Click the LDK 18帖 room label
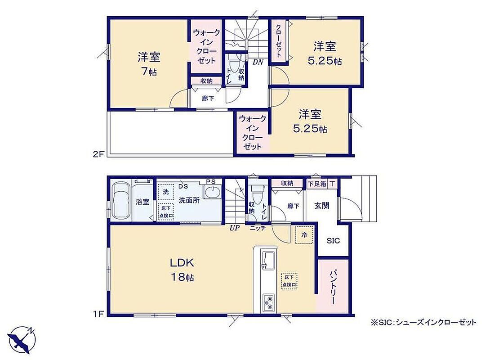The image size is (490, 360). pyautogui.click(x=182, y=270)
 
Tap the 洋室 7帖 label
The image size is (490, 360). pyautogui.click(x=149, y=64)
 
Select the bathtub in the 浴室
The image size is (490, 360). pyautogui.click(x=120, y=201)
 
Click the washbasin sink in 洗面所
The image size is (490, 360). pyautogui.click(x=213, y=191)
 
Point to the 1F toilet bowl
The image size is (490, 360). pyautogui.click(x=258, y=193)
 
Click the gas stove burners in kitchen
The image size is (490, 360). pyautogui.click(x=268, y=302)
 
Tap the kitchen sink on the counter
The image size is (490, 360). pyautogui.click(x=268, y=259)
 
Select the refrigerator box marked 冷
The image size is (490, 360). pyautogui.click(x=304, y=234)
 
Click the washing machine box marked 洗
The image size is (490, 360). pyautogui.click(x=165, y=192)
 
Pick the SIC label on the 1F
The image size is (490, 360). pyautogui.click(x=333, y=241)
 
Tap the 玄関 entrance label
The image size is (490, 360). pyautogui.click(x=321, y=206)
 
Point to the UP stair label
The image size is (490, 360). pyautogui.click(x=234, y=228)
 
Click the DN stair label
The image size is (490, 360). pyautogui.click(x=258, y=62)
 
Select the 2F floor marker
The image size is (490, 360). pyautogui.click(x=98, y=154)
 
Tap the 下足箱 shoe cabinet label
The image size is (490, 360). pyautogui.click(x=317, y=184)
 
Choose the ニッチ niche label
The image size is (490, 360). pyautogui.click(x=258, y=228)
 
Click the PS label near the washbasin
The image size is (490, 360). pyautogui.click(x=210, y=182)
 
